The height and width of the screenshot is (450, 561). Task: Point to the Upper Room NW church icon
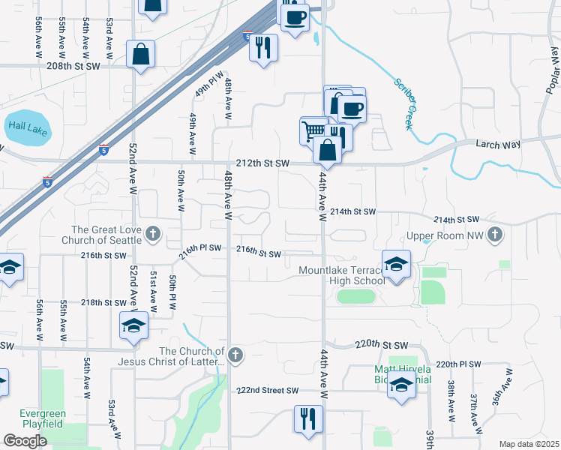[494, 235]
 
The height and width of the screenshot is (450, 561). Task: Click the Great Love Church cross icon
[153, 234]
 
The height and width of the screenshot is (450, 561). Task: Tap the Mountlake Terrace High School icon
[396, 265]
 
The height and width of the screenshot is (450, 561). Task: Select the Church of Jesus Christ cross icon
[235, 355]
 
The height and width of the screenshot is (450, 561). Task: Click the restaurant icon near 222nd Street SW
[307, 419]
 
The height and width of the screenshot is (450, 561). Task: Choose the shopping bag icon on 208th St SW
[140, 55]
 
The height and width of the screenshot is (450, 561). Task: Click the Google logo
[25, 441]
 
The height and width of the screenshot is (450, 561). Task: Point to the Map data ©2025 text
[529, 444]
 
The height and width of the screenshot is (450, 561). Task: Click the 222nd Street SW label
[268, 391]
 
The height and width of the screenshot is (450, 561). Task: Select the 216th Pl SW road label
[199, 250]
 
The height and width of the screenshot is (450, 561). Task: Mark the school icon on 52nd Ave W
[133, 326]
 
